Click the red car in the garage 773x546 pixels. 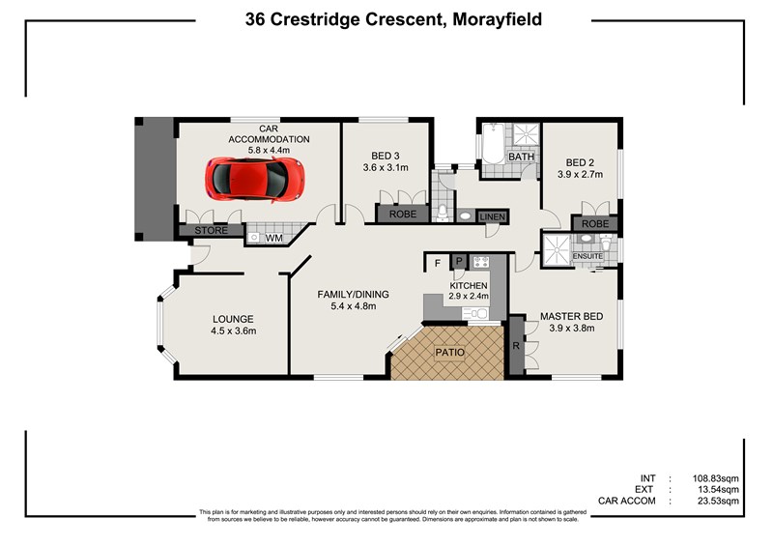click(254, 179)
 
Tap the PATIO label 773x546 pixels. click(449, 352)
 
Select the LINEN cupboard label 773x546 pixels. click(493, 217)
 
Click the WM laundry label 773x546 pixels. click(274, 239)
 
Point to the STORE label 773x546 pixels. click(211, 230)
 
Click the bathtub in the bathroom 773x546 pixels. click(493, 144)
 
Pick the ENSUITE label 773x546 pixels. click(587, 256)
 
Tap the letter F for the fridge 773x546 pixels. click(438, 264)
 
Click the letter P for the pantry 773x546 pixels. click(460, 261)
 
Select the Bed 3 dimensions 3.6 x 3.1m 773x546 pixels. click(386, 168)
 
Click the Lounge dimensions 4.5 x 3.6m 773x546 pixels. click(234, 330)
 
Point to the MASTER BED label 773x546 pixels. click(571, 316)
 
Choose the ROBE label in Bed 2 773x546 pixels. click(595, 223)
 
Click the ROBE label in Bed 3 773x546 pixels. click(403, 215)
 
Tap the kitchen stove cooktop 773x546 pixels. click(480, 262)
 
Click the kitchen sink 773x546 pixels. click(475, 313)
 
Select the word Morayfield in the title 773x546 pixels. click(498, 19)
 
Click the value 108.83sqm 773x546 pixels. click(715, 478)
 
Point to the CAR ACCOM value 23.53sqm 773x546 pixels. click(717, 502)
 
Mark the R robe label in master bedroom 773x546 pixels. click(516, 346)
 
